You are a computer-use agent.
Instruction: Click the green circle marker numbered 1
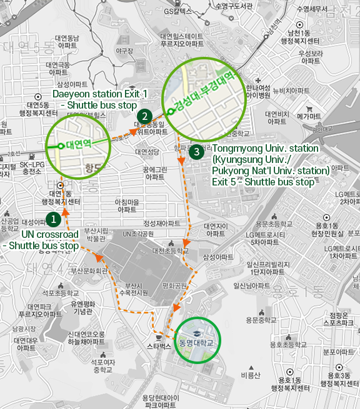pos(54,219)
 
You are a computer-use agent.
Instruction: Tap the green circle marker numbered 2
pos(144,116)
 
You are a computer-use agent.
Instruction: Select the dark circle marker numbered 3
pos(197,151)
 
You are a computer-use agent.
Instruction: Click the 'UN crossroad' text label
pos(50,234)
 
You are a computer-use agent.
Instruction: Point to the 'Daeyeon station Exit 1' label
pos(100,94)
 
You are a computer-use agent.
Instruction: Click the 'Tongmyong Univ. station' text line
pos(266,149)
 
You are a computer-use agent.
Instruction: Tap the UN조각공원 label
pos(138,234)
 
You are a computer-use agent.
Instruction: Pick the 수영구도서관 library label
pos(232,6)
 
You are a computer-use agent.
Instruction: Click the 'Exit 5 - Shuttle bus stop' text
pos(263,182)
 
